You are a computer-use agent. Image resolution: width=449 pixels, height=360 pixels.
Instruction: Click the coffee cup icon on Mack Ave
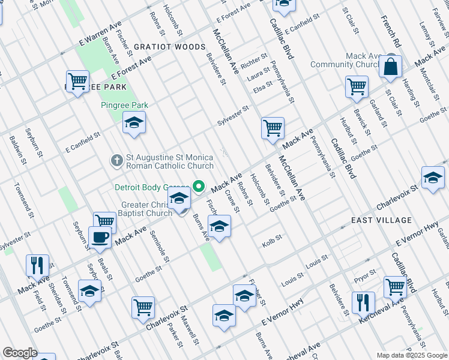100,238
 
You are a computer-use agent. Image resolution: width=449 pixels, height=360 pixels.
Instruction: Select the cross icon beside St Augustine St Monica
117,160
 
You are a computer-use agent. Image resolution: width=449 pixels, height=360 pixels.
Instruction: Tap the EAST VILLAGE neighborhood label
370,220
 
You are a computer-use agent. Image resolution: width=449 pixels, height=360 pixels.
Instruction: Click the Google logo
19,353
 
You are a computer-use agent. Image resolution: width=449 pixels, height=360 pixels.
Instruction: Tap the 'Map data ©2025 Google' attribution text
412,355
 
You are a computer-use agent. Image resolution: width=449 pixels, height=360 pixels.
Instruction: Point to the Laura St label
259,76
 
